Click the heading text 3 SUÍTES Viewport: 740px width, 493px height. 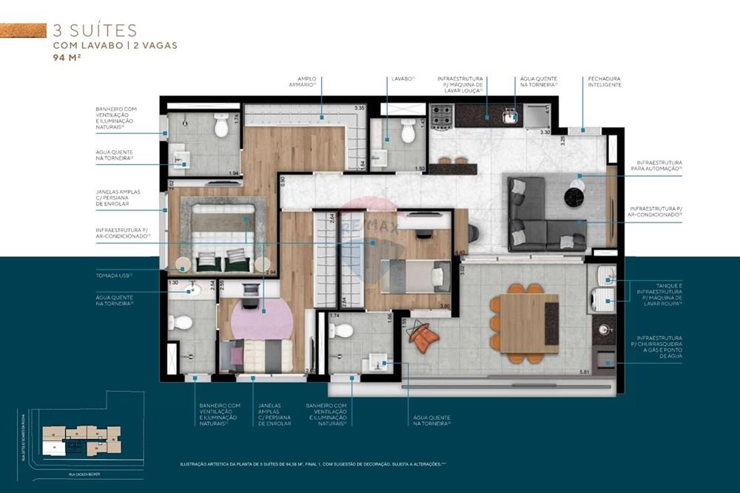[x=95, y=30]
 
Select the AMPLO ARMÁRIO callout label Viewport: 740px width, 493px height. [x=306, y=81]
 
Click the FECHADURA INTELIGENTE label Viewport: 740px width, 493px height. [x=605, y=81]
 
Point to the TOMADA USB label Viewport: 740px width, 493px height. [x=115, y=275]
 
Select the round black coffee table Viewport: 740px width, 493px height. [x=576, y=197]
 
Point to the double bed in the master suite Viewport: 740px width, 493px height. [x=223, y=237]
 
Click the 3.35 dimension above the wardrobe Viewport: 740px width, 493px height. [x=360, y=109]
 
